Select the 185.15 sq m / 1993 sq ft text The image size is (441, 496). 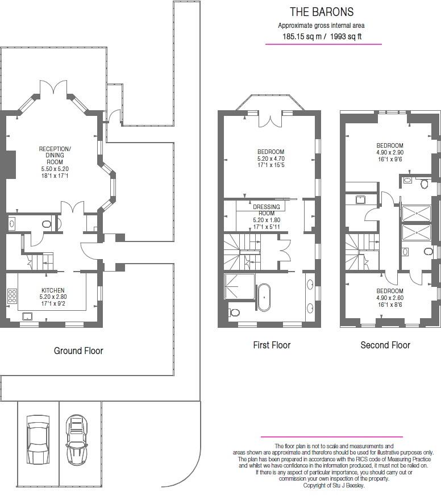322,37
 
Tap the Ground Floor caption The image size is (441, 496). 78,351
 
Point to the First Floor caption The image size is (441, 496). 272,345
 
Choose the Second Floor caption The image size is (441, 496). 385,345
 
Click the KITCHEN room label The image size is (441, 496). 53,290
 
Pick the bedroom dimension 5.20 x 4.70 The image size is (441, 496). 271,159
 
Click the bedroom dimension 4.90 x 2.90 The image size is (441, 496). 389,153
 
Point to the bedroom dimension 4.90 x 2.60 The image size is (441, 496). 389,298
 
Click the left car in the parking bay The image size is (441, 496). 38,439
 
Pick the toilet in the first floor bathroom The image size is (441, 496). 235,312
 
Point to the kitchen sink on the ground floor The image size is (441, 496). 27,316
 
